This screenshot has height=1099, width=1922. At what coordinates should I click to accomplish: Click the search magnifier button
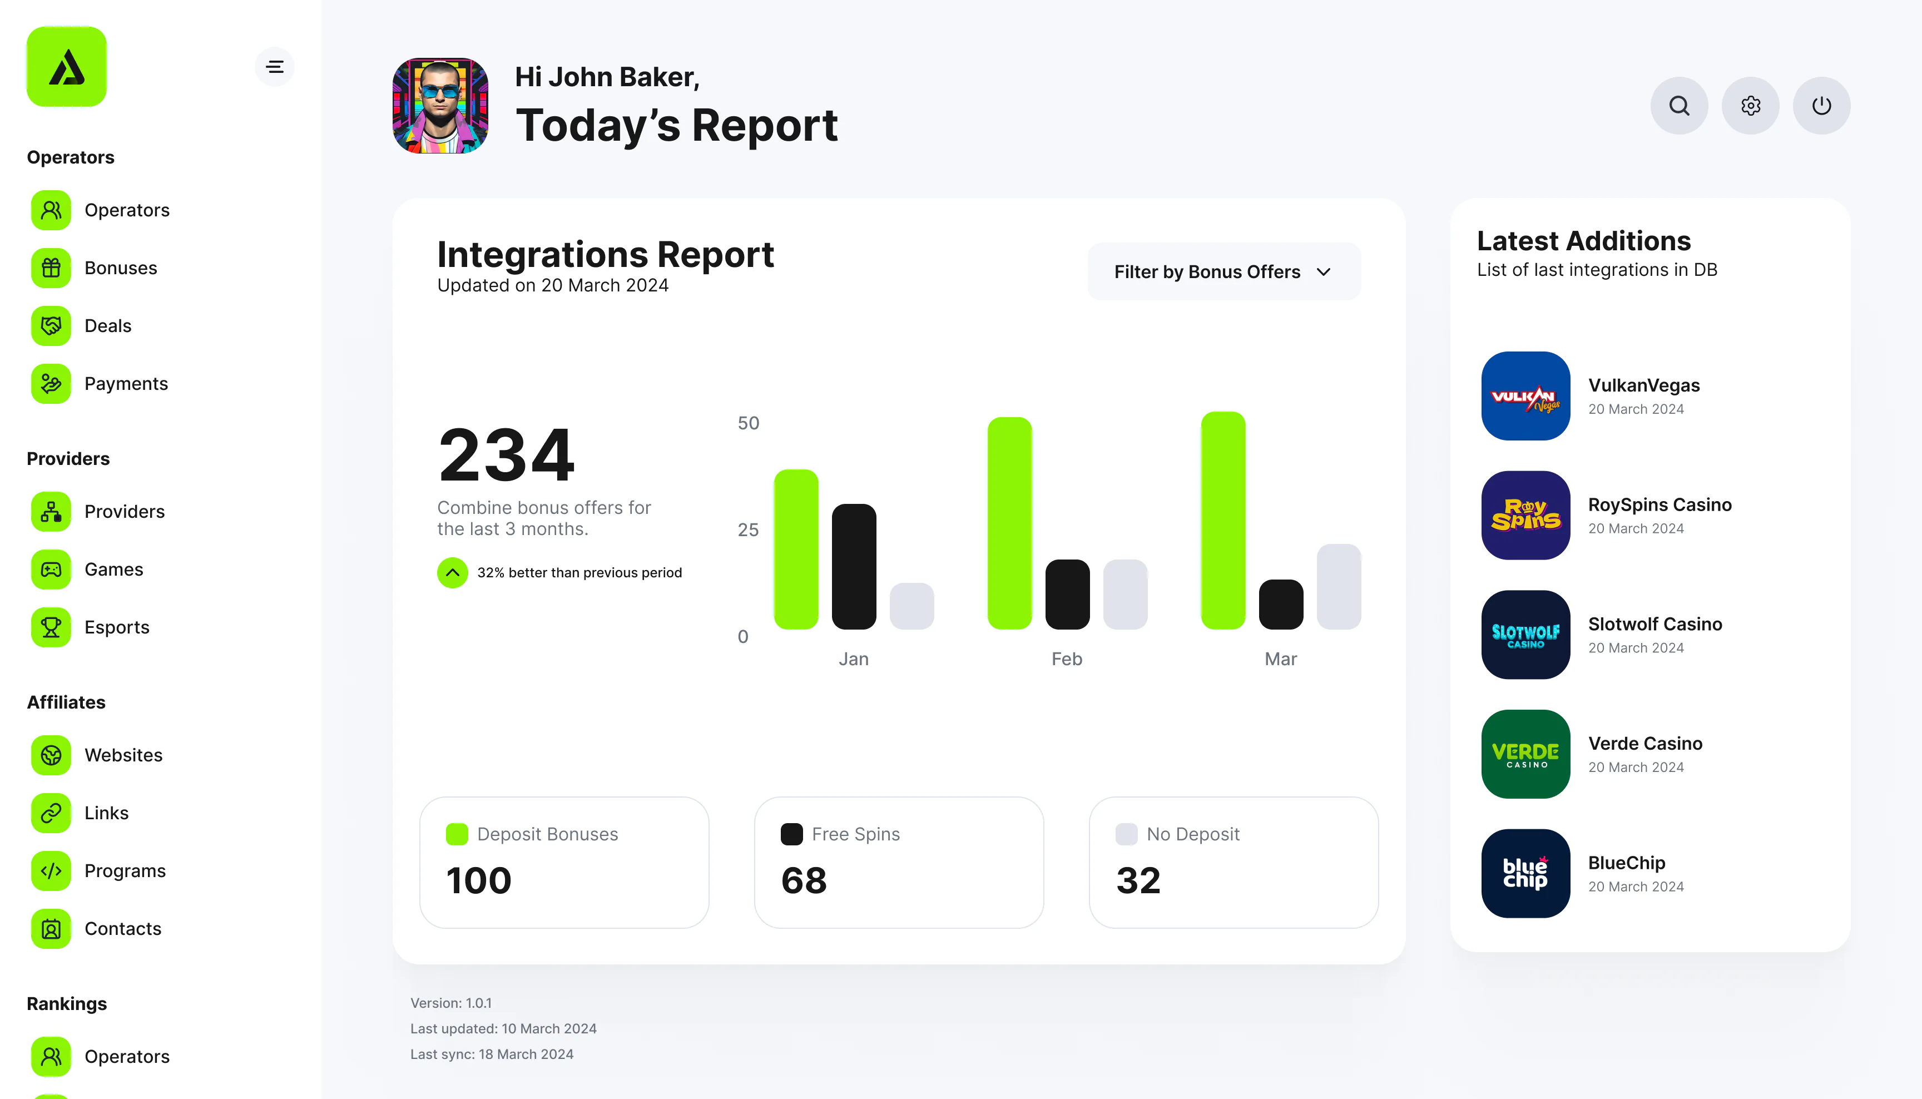coord(1679,106)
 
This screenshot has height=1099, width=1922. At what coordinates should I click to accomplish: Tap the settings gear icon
coord(1751,106)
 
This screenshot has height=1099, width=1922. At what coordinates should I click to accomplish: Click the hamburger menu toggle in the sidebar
coord(275,66)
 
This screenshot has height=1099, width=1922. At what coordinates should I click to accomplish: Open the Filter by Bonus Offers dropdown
coord(1224,272)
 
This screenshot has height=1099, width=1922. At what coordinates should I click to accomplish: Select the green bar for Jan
coord(796,549)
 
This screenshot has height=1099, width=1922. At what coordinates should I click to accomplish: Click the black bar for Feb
coord(1067,594)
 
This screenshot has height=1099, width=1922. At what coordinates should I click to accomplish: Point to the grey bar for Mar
coord(1339,586)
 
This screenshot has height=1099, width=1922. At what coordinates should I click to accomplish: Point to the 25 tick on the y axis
coord(749,530)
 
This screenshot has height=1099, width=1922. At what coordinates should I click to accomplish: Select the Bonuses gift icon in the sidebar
coord(51,268)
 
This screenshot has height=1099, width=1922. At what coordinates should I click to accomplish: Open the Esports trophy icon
coord(51,627)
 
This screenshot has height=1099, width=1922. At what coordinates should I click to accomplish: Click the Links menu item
coord(106,813)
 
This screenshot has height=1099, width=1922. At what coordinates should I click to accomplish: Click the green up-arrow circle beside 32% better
coord(453,573)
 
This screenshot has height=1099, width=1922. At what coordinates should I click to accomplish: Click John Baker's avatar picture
coord(440,106)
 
